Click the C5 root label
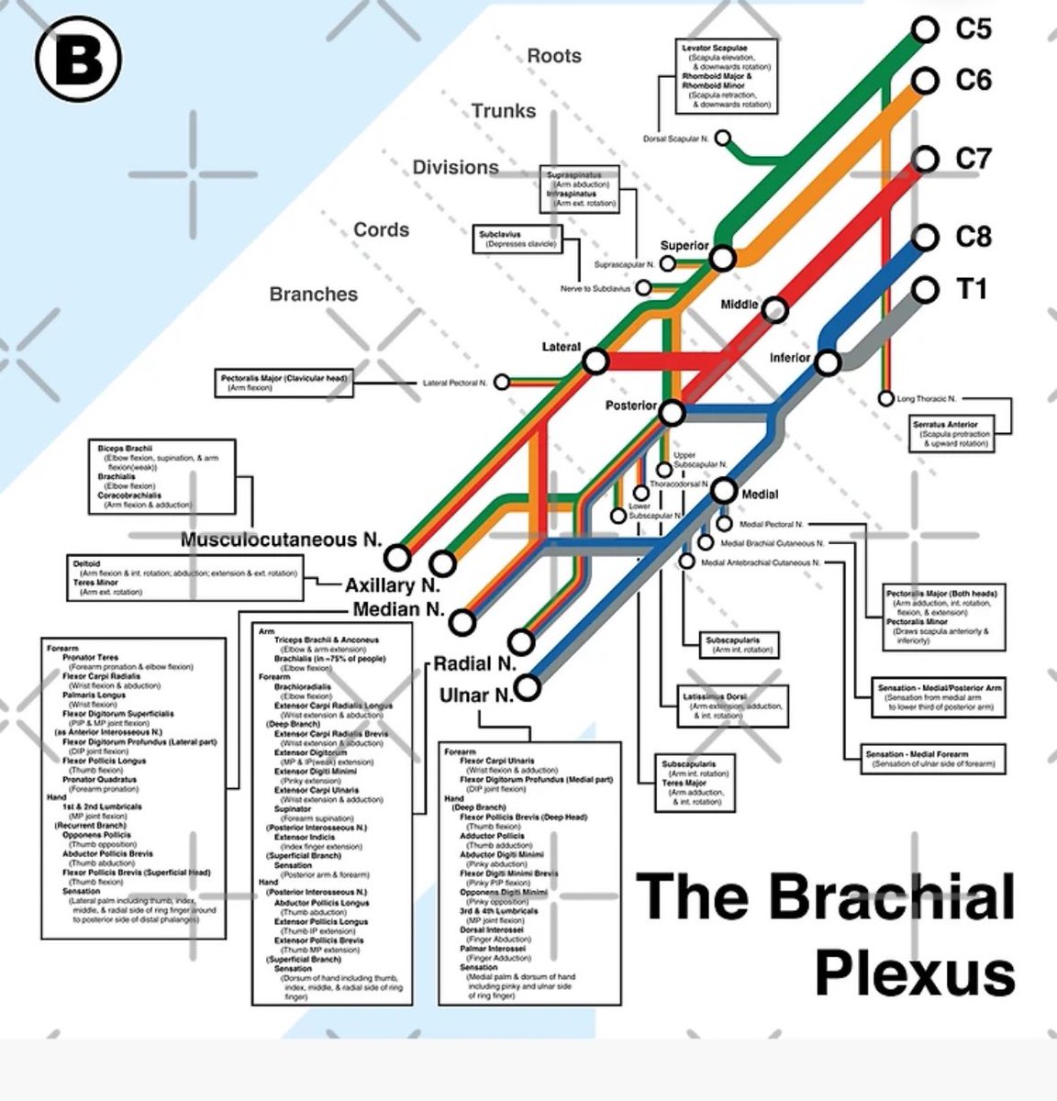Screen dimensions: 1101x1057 pyautogui.click(x=973, y=28)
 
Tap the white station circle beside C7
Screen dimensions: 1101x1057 pyautogui.click(x=927, y=159)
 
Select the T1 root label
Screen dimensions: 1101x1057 pyautogui.click(x=972, y=289)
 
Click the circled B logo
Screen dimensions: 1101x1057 pyautogui.click(x=79, y=61)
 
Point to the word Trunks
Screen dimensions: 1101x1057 pyautogui.click(x=504, y=111)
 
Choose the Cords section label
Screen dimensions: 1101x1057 pyautogui.click(x=382, y=229)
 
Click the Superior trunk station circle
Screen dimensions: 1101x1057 pyautogui.click(x=723, y=259)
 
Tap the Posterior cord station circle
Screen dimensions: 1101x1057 pyautogui.click(x=673, y=414)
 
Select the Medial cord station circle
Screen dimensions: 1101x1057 pyautogui.click(x=725, y=492)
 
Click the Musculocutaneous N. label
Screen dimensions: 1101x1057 pyautogui.click(x=281, y=539)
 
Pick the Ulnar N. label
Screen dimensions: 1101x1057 pyautogui.click(x=476, y=695)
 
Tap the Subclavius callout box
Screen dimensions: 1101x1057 pyautogui.click(x=517, y=239)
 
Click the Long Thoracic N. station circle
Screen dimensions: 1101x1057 pyautogui.click(x=885, y=399)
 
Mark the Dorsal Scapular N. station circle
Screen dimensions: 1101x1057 pyautogui.click(x=723, y=139)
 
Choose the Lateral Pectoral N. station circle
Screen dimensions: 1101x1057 pyautogui.click(x=502, y=382)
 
